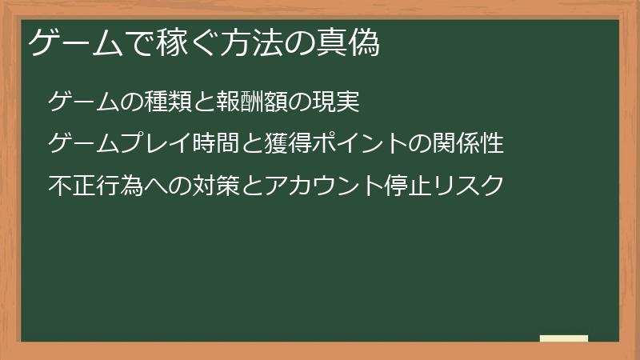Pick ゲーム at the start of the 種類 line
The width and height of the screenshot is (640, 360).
click(84, 102)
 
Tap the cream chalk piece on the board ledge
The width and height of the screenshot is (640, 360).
click(564, 338)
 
